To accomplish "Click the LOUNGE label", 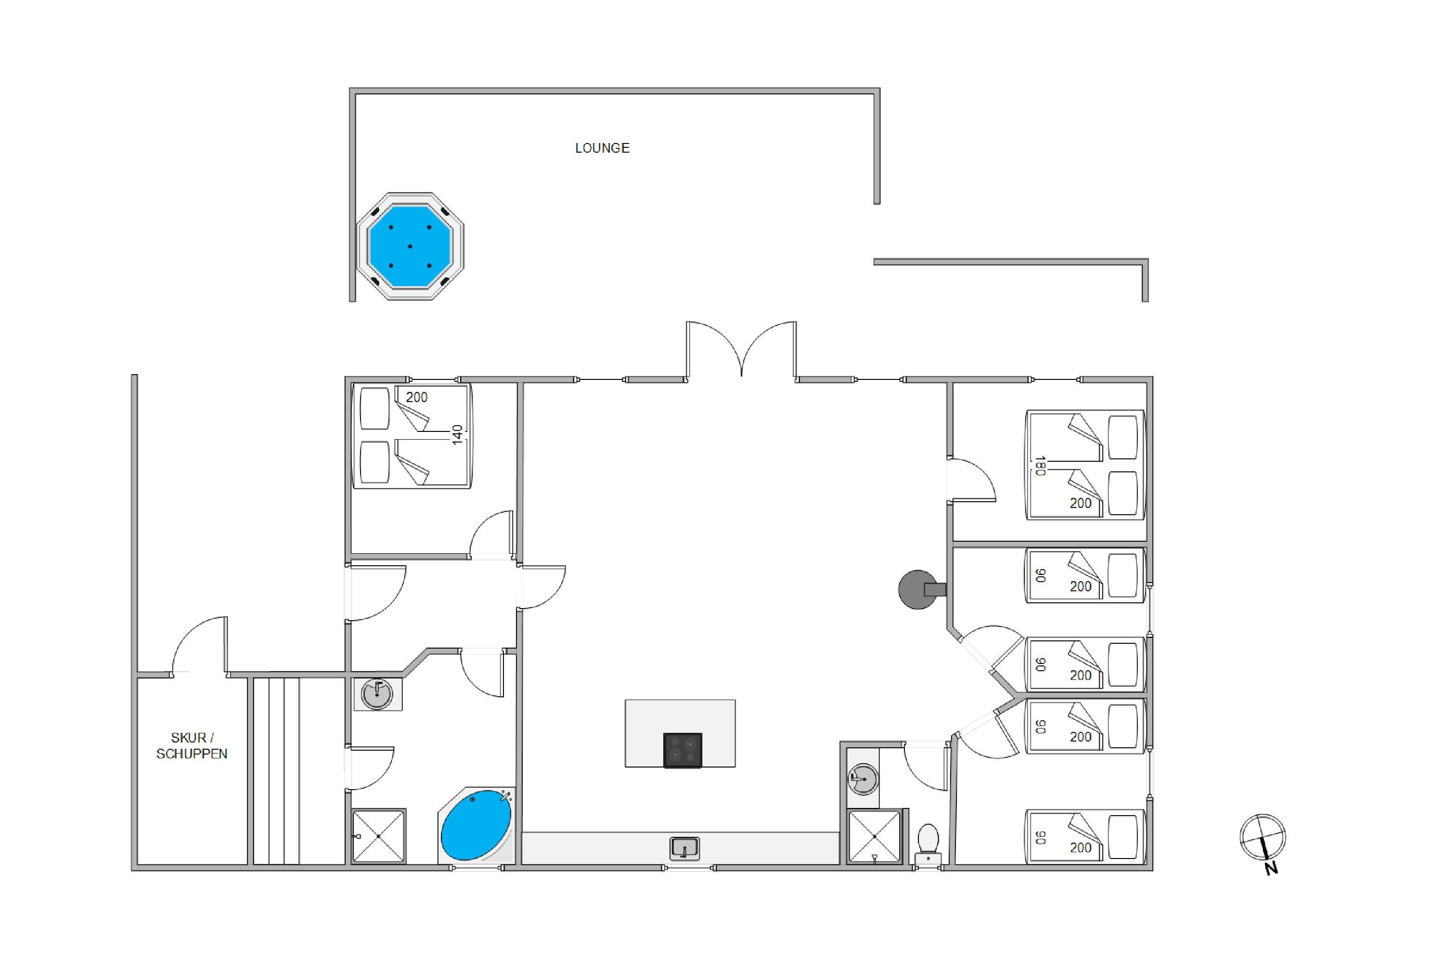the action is coord(602,148).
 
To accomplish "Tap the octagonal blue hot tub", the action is coord(410,246).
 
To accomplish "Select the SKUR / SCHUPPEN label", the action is coord(192,745).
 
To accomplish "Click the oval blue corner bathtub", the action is coord(477,825).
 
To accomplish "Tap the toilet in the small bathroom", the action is coord(928,845).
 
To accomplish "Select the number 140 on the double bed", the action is coord(457,435).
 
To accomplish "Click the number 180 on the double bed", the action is coord(1039,466).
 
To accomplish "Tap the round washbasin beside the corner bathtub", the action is coord(377,694).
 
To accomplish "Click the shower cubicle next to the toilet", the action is coord(874,836).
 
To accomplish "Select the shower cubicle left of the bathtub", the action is coord(379,836).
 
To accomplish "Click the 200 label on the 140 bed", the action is coord(416,397).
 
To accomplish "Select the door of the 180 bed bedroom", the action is coord(971,480).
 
